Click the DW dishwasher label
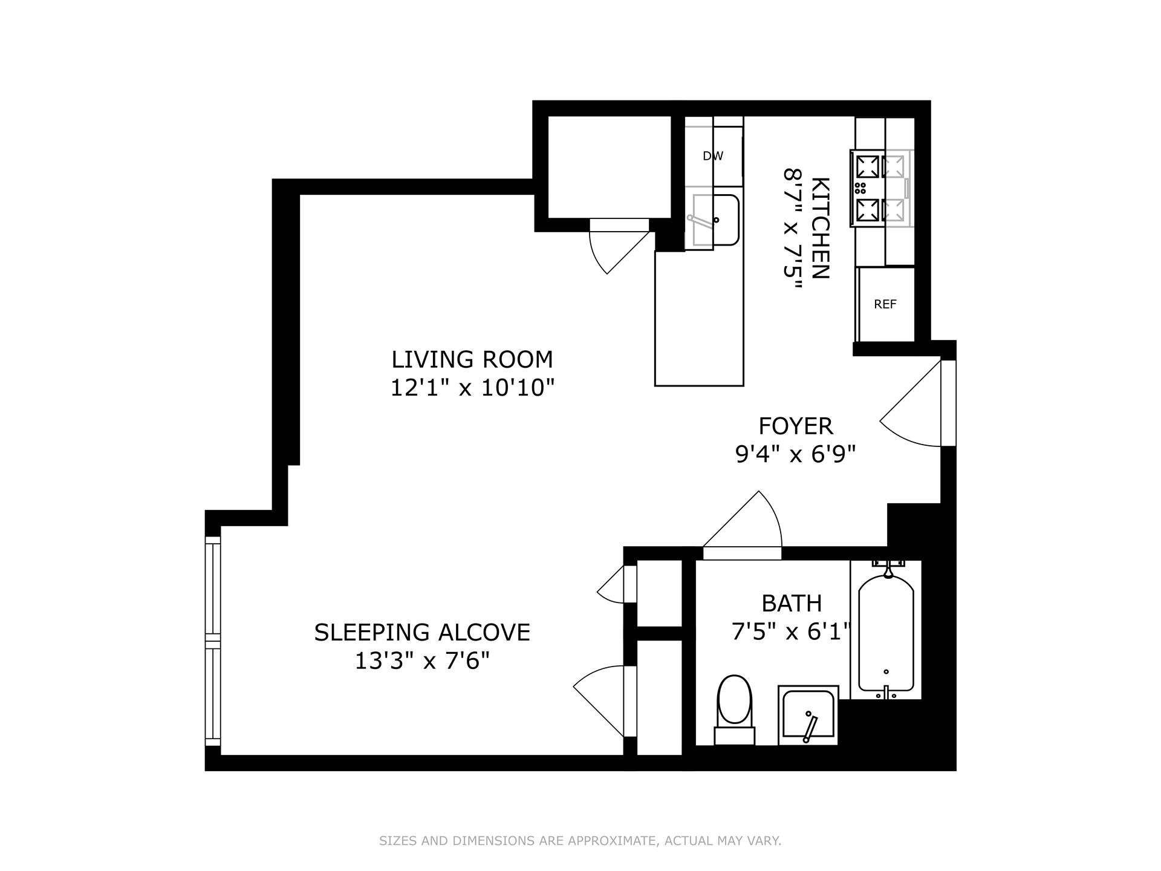pyautogui.click(x=713, y=156)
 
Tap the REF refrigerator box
pyautogui.click(x=885, y=304)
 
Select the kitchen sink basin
pyautogui.click(x=715, y=220)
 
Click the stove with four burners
pyautogui.click(x=880, y=188)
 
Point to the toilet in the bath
pyautogui.click(x=734, y=708)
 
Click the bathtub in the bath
pyautogui.click(x=886, y=632)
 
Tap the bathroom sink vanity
pyautogui.click(x=808, y=715)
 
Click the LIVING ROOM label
pyautogui.click(x=472, y=359)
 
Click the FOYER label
pyautogui.click(x=796, y=426)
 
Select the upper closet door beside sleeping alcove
pyautogui.click(x=614, y=585)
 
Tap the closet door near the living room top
pyautogui.click(x=617, y=248)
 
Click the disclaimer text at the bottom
pyautogui.click(x=580, y=841)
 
